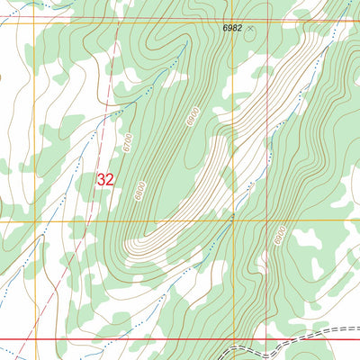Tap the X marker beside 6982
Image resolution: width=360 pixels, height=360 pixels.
point(251,29)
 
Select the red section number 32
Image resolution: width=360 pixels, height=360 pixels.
point(105,180)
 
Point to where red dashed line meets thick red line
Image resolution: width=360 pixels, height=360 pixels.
point(57,340)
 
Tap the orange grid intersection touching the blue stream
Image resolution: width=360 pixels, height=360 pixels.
point(232,220)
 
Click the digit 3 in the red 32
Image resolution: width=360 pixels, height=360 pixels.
point(101,180)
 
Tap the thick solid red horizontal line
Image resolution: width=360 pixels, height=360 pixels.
point(135,340)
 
